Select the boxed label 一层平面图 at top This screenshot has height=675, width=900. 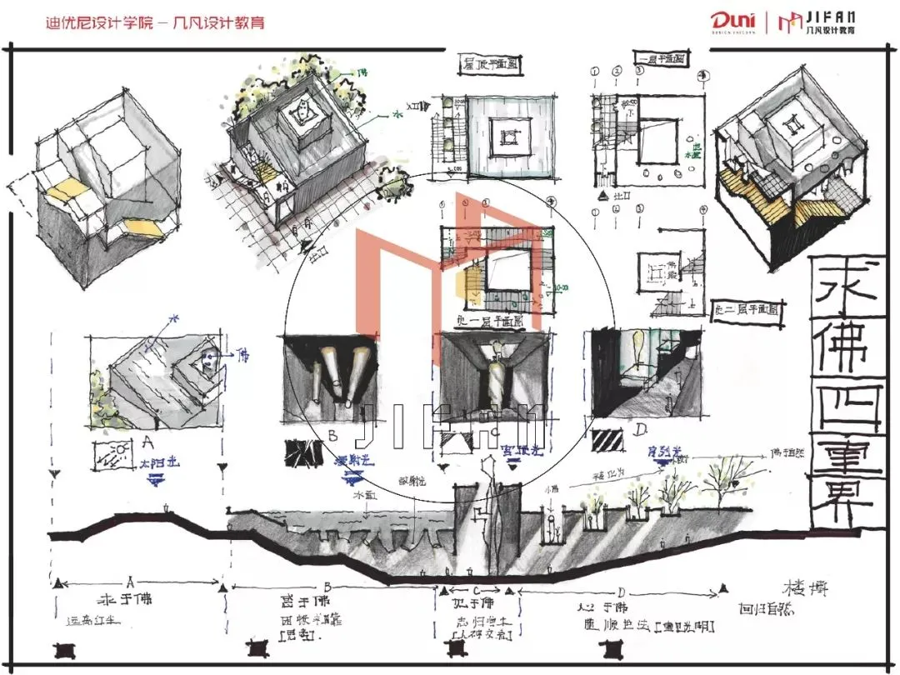[x=662, y=58]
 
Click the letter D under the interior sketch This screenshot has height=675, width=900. [x=641, y=431]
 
